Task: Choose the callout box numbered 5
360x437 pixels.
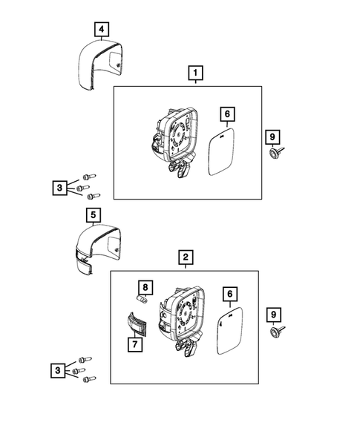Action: pos(94,216)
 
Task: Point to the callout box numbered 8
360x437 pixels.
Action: pos(146,288)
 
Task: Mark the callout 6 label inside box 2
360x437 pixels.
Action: pos(230,295)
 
